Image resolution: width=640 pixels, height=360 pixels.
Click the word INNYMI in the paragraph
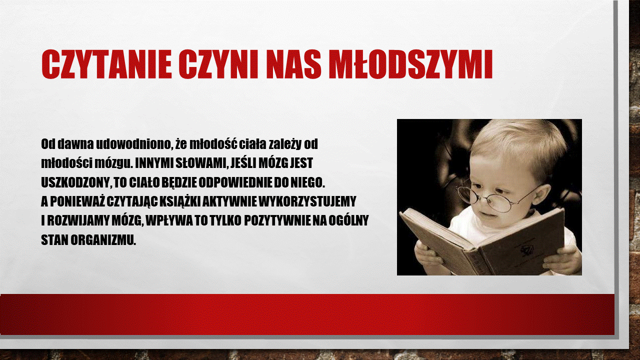[x=153, y=163]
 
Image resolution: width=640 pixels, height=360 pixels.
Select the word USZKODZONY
[x=75, y=183]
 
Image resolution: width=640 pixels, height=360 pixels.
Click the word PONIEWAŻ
[x=77, y=201]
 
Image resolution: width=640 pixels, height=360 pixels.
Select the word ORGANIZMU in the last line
[x=103, y=240]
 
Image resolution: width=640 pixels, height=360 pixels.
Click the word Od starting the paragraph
[x=47, y=144]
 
